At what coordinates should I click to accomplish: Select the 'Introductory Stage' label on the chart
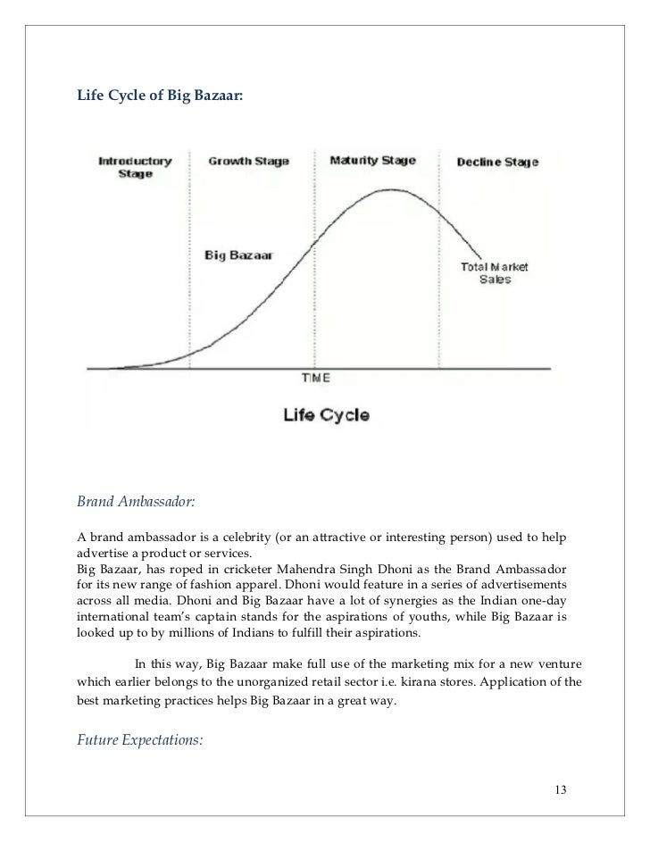(x=135, y=167)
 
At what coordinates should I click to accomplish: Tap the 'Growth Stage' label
(x=248, y=162)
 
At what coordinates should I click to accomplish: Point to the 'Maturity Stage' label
(x=372, y=161)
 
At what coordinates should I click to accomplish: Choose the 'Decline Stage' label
(x=497, y=163)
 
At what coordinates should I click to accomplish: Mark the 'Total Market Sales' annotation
(x=495, y=273)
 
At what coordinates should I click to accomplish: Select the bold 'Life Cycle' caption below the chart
(x=325, y=415)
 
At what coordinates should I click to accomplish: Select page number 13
(x=561, y=789)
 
